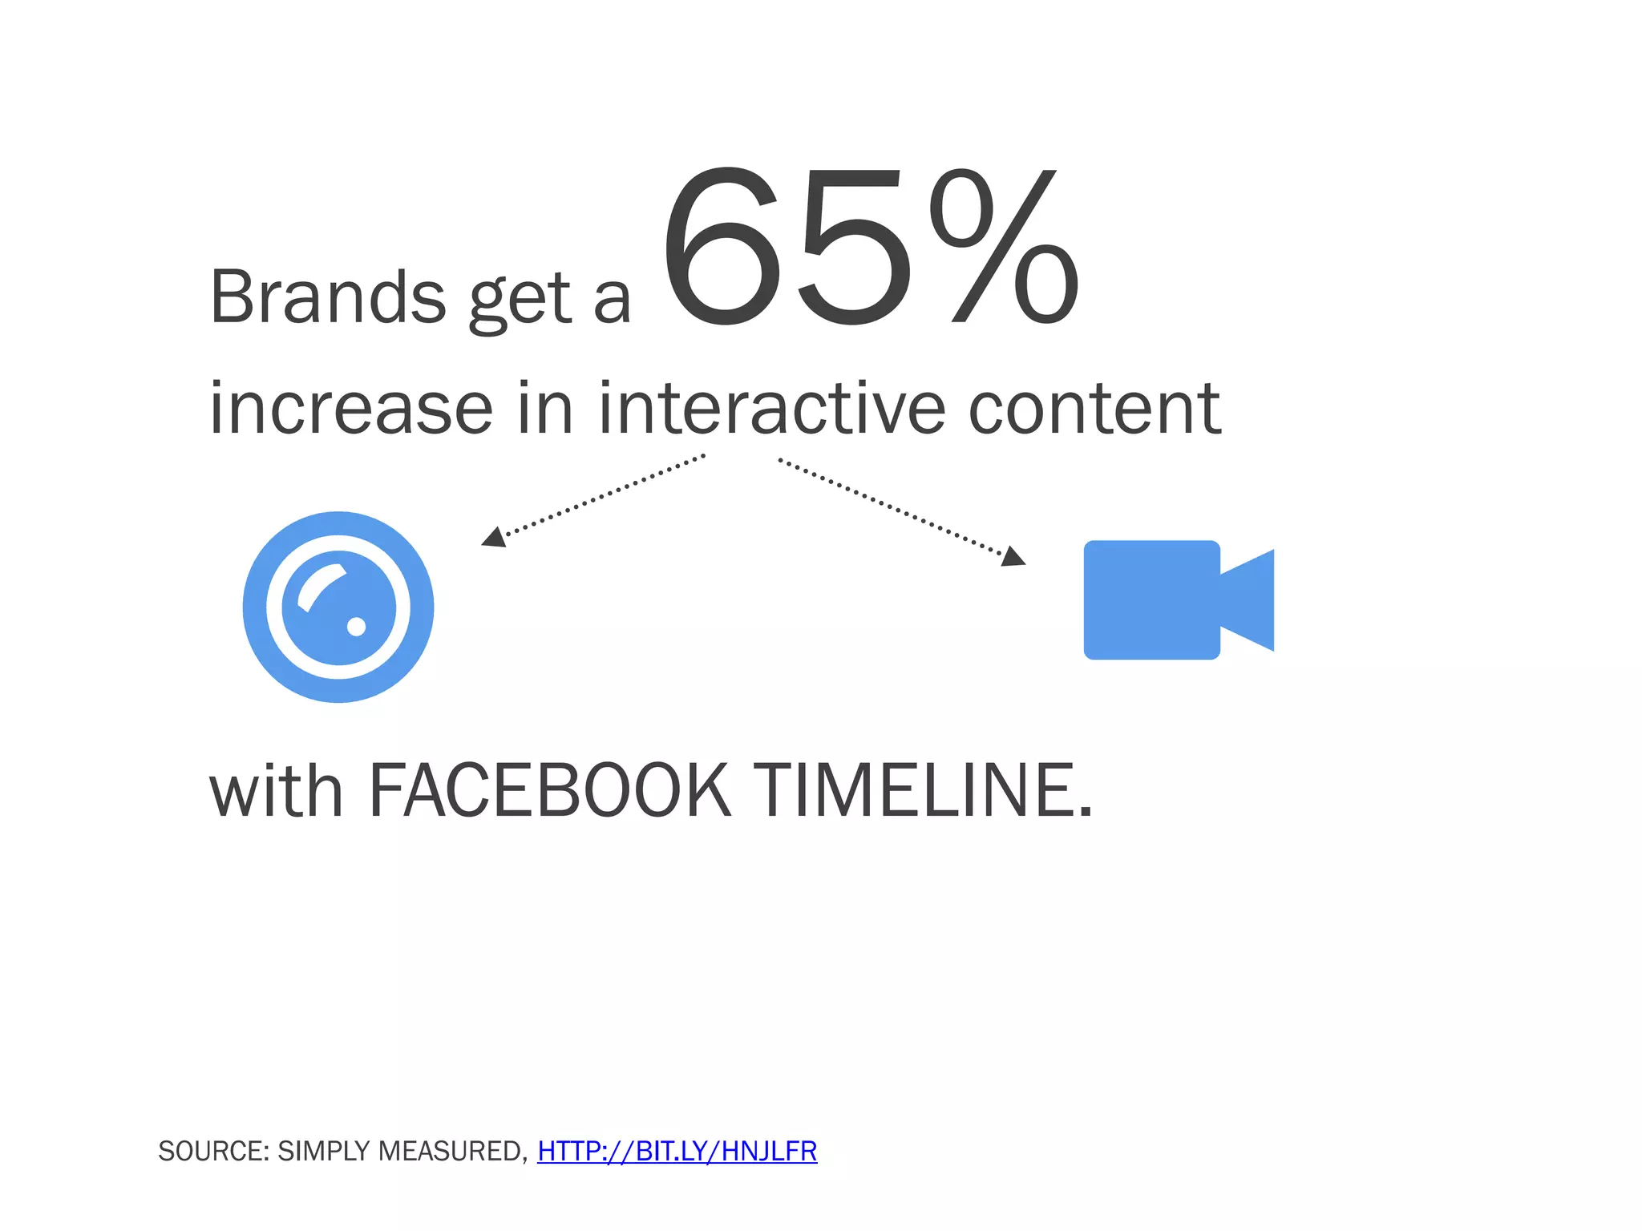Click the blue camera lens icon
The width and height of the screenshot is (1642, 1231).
[x=338, y=607]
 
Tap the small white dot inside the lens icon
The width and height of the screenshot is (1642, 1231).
[x=356, y=626]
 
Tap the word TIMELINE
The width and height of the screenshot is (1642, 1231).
[x=922, y=791]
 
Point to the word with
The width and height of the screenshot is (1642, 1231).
[x=277, y=791]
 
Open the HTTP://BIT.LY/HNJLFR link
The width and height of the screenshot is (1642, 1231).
[x=677, y=1151]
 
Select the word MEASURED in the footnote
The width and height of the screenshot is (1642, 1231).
[x=453, y=1151]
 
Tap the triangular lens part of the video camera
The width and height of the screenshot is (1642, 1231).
[x=1251, y=600]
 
